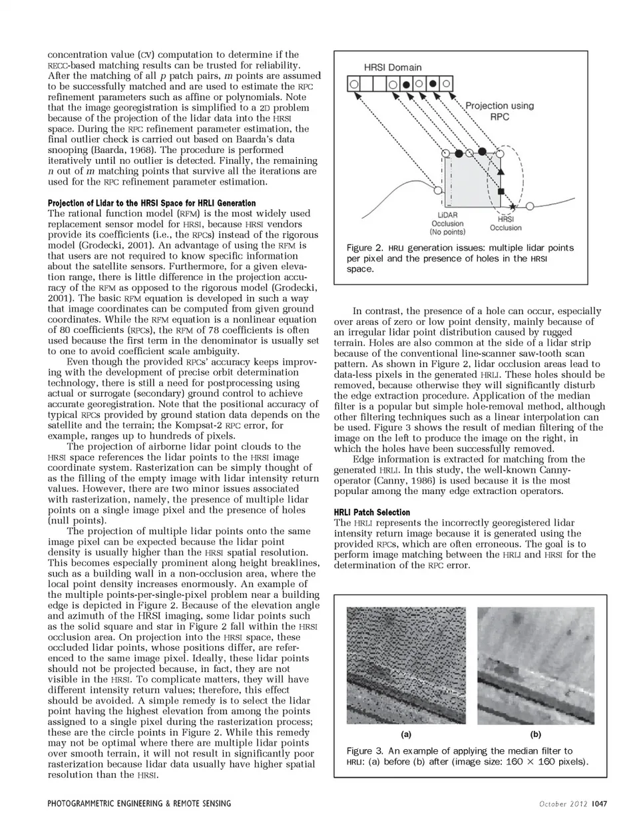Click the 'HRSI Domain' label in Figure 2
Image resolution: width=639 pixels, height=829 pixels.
pyautogui.click(x=392, y=67)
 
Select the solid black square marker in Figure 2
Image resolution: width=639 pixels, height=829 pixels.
pyautogui.click(x=502, y=191)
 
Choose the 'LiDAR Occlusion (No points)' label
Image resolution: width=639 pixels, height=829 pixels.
pyautogui.click(x=447, y=224)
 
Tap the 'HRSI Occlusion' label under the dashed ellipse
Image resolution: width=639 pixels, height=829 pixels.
pyautogui.click(x=506, y=223)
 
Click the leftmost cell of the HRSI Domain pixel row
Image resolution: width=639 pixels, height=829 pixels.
pyautogui.click(x=354, y=85)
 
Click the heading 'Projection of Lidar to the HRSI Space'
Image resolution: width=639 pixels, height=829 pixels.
pyautogui.click(x=152, y=202)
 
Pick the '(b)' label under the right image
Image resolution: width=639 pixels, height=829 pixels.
pyautogui.click(x=535, y=734)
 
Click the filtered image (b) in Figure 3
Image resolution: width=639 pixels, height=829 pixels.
pyautogui.click(x=535, y=665)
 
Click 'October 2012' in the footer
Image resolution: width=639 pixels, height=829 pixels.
pyautogui.click(x=563, y=803)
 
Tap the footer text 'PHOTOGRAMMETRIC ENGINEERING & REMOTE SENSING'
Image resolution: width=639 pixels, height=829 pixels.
pyautogui.click(x=139, y=803)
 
